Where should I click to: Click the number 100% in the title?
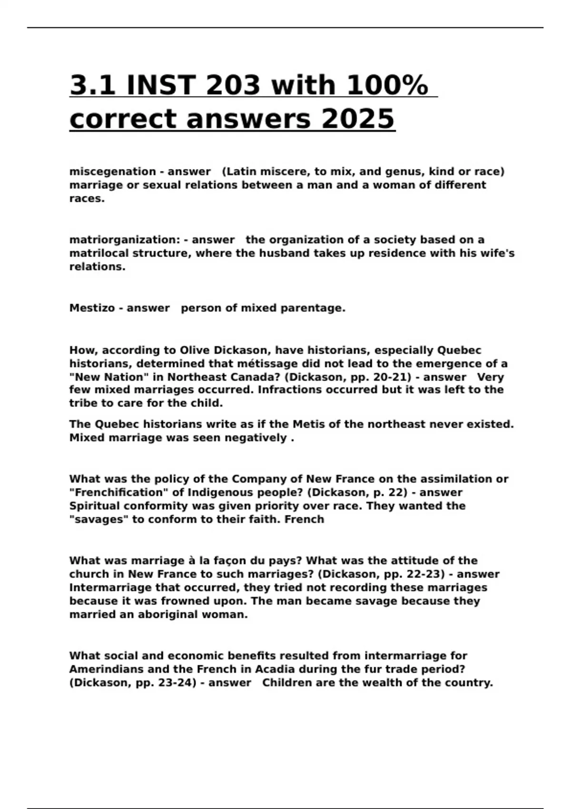[386, 86]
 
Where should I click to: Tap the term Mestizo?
[92, 308]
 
